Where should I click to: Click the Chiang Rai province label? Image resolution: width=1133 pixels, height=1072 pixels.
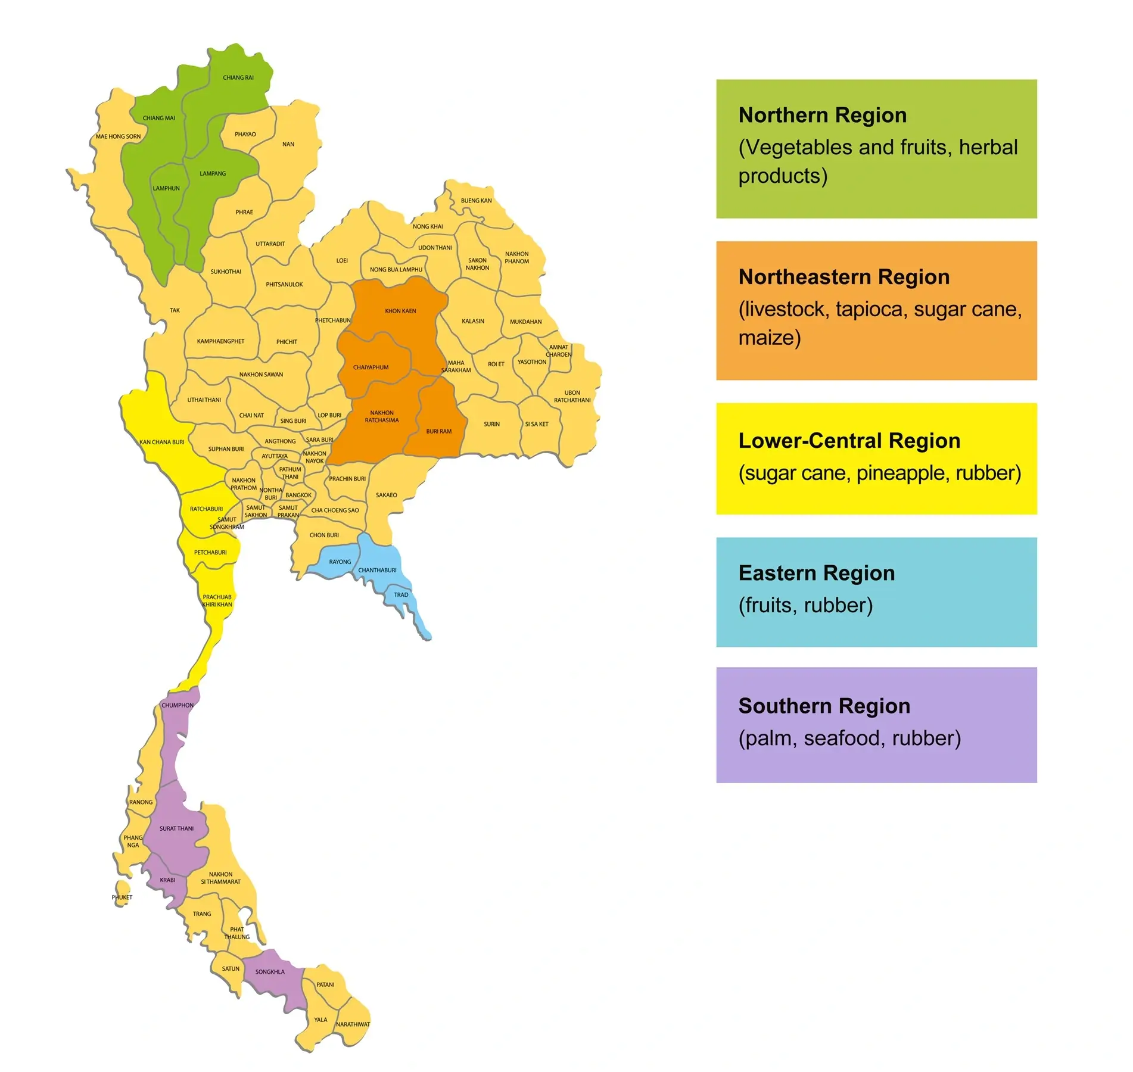pyautogui.click(x=238, y=77)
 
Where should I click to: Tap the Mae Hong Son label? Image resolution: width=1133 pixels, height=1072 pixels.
pyautogui.click(x=118, y=136)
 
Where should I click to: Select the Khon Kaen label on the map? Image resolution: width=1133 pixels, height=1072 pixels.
pyautogui.click(x=400, y=311)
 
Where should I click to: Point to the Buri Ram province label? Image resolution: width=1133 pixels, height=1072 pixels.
pyautogui.click(x=438, y=431)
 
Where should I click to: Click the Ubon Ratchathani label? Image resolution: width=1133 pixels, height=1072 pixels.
pyautogui.click(x=572, y=397)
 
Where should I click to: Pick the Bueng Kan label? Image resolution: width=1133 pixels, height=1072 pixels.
pyautogui.click(x=476, y=201)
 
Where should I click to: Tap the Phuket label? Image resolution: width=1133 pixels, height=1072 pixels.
pyautogui.click(x=122, y=898)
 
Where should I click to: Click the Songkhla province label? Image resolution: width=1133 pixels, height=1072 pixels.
pyautogui.click(x=270, y=972)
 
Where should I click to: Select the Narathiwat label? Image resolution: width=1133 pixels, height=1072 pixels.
pyautogui.click(x=353, y=1024)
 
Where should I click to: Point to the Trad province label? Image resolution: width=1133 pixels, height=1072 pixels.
pyautogui.click(x=401, y=595)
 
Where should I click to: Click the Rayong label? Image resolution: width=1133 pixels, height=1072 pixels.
pyautogui.click(x=340, y=562)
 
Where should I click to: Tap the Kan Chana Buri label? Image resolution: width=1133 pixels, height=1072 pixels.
pyautogui.click(x=161, y=442)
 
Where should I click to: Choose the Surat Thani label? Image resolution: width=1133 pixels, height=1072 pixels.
pyautogui.click(x=176, y=828)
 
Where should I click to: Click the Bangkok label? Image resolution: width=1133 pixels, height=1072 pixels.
pyautogui.click(x=298, y=495)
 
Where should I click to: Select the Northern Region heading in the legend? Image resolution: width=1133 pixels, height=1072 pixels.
pyautogui.click(x=822, y=115)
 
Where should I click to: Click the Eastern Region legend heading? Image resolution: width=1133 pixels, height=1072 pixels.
pyautogui.click(x=816, y=573)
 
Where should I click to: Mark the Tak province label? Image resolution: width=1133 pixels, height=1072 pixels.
pyautogui.click(x=175, y=310)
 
